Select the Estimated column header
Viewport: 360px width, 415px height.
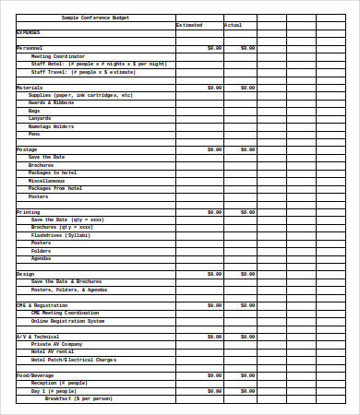click(x=189, y=25)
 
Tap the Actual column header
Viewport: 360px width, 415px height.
click(x=233, y=25)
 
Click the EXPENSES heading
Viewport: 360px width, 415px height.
click(x=28, y=32)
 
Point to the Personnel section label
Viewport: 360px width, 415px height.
click(x=30, y=47)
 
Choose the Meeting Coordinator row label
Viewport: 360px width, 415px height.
click(x=58, y=55)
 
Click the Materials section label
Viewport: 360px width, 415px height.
click(x=30, y=88)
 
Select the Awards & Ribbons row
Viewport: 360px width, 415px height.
click(x=52, y=102)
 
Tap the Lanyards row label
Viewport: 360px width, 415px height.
click(x=40, y=118)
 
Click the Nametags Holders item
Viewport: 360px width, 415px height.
click(x=52, y=126)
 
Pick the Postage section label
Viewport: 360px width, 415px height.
click(x=27, y=149)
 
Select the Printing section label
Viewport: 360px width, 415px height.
click(x=28, y=212)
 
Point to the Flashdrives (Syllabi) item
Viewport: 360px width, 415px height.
click(x=61, y=235)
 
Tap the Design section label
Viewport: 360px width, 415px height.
click(x=25, y=274)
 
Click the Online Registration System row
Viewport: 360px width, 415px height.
click(x=68, y=321)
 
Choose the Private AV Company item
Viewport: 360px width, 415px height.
click(x=63, y=344)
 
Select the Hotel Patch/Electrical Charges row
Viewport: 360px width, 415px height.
click(x=74, y=360)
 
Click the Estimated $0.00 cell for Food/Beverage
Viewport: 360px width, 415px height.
click(x=214, y=375)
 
